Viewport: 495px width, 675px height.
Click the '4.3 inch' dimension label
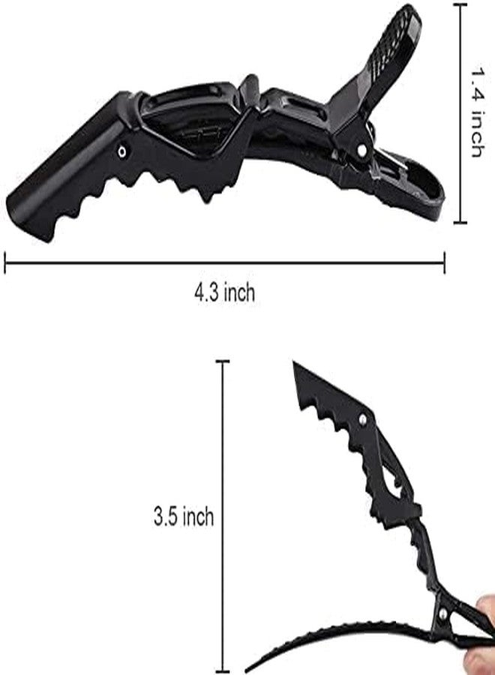click(x=225, y=292)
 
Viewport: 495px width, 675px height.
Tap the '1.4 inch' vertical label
click(x=478, y=112)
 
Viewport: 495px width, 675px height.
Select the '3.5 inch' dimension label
click(x=184, y=516)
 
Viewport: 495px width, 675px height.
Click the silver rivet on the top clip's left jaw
click(x=123, y=151)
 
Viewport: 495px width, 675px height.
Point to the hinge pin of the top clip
click(x=362, y=150)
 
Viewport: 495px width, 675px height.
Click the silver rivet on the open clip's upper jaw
click(x=363, y=418)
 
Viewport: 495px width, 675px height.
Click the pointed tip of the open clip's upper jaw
click(x=294, y=362)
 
